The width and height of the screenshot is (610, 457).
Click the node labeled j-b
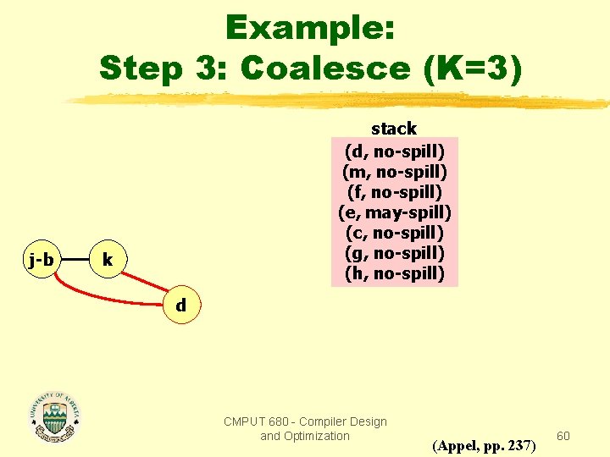(x=41, y=259)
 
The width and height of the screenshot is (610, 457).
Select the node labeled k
(x=107, y=259)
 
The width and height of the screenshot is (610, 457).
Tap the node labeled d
(x=180, y=305)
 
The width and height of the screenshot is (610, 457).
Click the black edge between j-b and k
(x=74, y=259)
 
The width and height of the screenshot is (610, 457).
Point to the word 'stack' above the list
(x=394, y=129)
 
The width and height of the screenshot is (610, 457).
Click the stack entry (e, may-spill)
(x=394, y=212)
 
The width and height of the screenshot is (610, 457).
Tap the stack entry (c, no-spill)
(x=394, y=232)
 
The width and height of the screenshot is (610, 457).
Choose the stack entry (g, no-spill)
(x=394, y=252)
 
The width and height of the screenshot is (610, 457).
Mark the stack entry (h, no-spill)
(x=394, y=273)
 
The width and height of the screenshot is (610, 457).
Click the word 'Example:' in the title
(x=310, y=29)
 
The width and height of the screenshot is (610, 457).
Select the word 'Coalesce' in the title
(x=330, y=67)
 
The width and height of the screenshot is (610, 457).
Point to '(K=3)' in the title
(x=474, y=67)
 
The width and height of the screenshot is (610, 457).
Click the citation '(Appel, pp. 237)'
(x=483, y=444)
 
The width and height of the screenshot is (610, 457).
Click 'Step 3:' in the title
(x=165, y=67)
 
